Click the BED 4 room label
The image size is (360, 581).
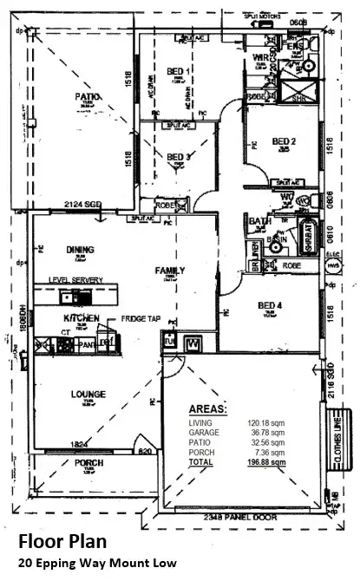(x=270, y=305)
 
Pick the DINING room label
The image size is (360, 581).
(x=79, y=250)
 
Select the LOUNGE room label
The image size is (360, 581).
(x=88, y=394)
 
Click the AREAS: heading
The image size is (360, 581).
(x=208, y=408)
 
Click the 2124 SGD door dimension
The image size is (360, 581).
(x=83, y=205)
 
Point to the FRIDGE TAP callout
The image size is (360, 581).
(x=140, y=318)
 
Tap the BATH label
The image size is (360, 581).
(x=259, y=221)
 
